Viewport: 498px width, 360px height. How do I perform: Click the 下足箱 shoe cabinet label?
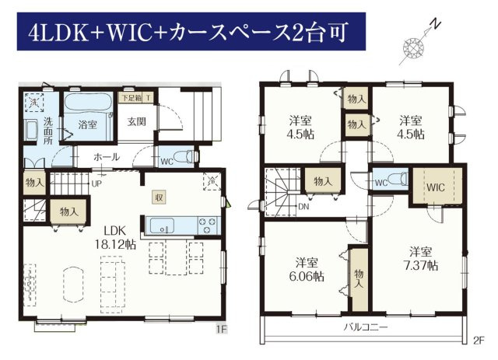tap(129, 99)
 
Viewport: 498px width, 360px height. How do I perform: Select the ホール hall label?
tap(106, 157)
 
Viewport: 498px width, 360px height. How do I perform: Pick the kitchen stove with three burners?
tap(209, 225)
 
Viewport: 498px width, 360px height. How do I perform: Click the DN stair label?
tap(302, 207)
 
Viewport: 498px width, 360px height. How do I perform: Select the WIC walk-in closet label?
tap(435, 187)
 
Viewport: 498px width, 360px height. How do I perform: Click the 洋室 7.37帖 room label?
tap(422, 258)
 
